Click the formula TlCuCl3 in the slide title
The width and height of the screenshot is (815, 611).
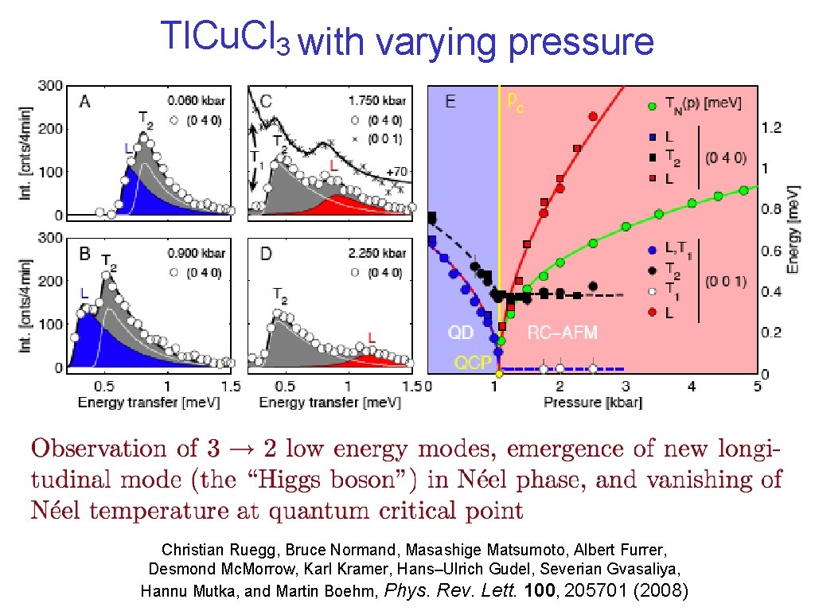(224, 37)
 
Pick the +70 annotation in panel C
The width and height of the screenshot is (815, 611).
(399, 171)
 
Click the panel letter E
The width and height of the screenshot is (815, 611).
(450, 102)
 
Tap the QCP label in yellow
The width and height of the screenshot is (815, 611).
(472, 362)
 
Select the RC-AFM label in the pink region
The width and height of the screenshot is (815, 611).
(562, 332)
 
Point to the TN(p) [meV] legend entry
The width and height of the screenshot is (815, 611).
(703, 104)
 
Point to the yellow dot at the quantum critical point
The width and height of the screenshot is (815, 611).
(499, 373)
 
